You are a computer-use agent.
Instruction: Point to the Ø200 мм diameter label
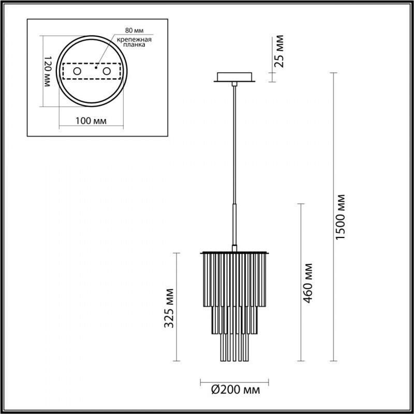pos(235,388)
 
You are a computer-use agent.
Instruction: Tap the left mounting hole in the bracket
pos(77,70)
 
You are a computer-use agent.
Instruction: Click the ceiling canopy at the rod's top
pos(234,78)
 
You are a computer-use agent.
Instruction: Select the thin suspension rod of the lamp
pos(236,145)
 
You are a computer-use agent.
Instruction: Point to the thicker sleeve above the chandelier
pos(236,223)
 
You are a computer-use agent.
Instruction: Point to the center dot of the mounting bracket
pos(96,66)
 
